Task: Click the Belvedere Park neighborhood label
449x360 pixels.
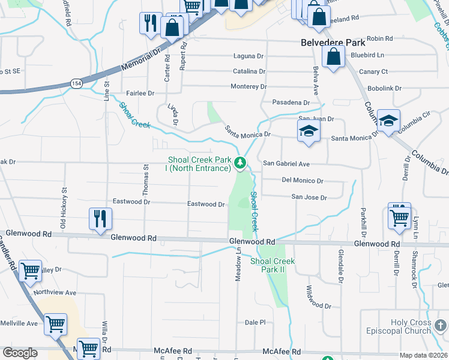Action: tap(332, 43)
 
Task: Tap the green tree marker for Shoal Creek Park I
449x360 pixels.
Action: tap(240, 163)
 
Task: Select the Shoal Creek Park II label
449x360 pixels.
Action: tap(273, 265)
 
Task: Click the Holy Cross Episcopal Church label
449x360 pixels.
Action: tap(411, 326)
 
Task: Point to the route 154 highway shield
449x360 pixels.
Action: tap(76, 83)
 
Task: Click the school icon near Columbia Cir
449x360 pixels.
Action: tap(388, 122)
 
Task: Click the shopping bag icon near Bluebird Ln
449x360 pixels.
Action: tap(333, 57)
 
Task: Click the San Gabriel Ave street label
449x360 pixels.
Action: tap(286, 164)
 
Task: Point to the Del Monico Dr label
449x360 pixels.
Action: tap(303, 181)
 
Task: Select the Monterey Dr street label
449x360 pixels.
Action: tap(249, 87)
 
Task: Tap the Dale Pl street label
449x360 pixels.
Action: tap(255, 322)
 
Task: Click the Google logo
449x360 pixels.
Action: tap(20, 353)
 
